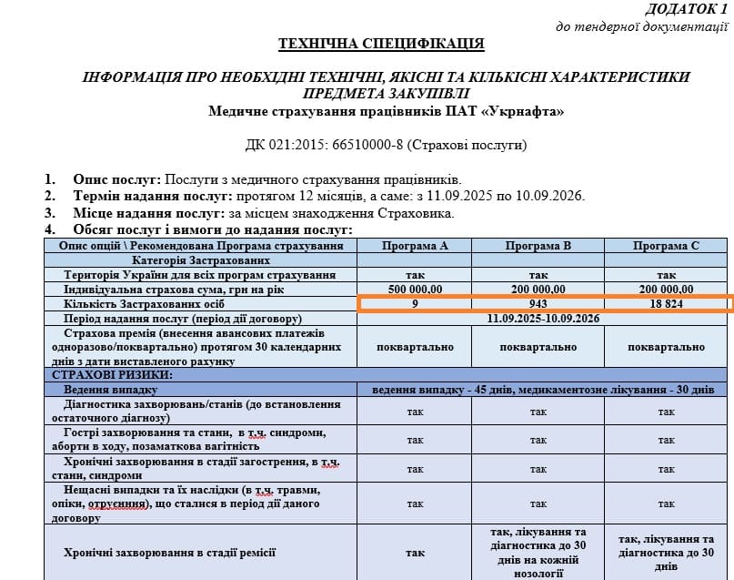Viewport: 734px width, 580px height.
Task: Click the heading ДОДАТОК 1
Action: pyautogui.click(x=687, y=9)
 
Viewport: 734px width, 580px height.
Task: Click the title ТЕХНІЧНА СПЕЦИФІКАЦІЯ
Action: pyautogui.click(x=381, y=43)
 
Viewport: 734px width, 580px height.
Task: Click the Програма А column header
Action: pyautogui.click(x=415, y=246)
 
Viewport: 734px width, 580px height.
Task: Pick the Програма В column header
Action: pyautogui.click(x=538, y=246)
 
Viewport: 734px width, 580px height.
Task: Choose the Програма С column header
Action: pyautogui.click(x=667, y=246)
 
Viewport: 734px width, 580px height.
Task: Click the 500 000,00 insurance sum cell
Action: pyautogui.click(x=415, y=289)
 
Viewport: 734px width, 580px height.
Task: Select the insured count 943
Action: pyautogui.click(x=538, y=303)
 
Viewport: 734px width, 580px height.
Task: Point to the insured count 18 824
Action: pyautogui.click(x=667, y=303)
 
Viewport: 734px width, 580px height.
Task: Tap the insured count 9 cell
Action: pyautogui.click(x=415, y=303)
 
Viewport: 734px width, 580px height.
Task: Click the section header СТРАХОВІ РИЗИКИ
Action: pyautogui.click(x=113, y=374)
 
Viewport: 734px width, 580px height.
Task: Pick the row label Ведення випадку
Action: pyautogui.click(x=106, y=389)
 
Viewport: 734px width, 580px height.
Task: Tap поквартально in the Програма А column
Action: pyautogui.click(x=415, y=347)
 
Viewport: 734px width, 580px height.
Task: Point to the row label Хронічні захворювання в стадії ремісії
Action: pyautogui.click(x=170, y=553)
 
